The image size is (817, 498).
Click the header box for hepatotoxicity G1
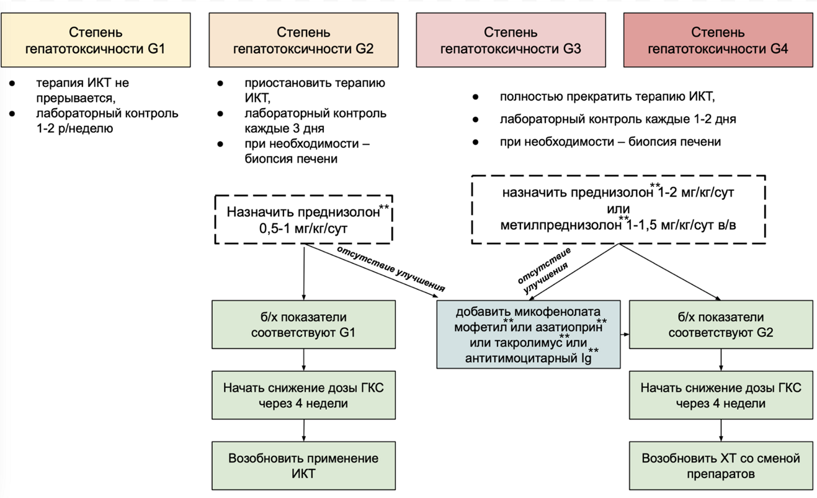96,40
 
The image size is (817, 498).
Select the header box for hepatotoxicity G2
303,40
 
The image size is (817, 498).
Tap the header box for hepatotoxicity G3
511,40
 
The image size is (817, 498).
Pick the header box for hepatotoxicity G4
718,40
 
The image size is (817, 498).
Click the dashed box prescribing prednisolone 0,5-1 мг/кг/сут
303,220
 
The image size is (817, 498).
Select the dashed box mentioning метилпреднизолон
618,209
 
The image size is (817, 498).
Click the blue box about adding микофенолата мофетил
529,333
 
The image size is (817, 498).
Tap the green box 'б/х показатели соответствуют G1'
303,324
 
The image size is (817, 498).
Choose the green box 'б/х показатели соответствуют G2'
721,324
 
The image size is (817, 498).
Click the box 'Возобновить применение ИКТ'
303,466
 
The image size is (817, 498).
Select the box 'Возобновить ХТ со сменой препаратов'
721,466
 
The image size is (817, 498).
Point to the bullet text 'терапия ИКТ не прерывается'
83,89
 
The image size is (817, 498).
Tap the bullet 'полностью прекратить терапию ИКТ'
607,97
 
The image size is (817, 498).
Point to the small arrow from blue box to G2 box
625,333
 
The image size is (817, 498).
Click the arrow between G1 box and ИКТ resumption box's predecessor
304,360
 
